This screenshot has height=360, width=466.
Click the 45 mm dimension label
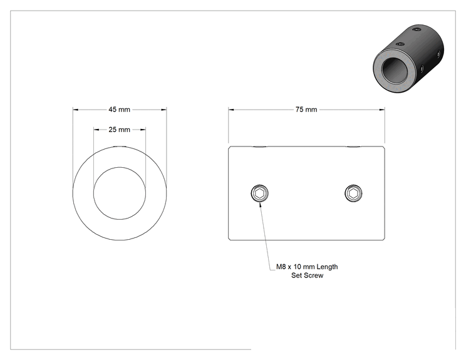click(x=119, y=110)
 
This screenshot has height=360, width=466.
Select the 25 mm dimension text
click(x=119, y=130)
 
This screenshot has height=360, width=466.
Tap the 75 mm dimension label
click(x=306, y=110)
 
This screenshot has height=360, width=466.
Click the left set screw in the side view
click(x=259, y=193)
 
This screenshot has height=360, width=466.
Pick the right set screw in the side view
click(x=353, y=193)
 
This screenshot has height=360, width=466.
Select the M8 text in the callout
click(x=281, y=267)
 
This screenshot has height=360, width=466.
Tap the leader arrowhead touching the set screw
click(x=261, y=205)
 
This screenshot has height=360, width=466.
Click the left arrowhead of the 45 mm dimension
click(x=76, y=110)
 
